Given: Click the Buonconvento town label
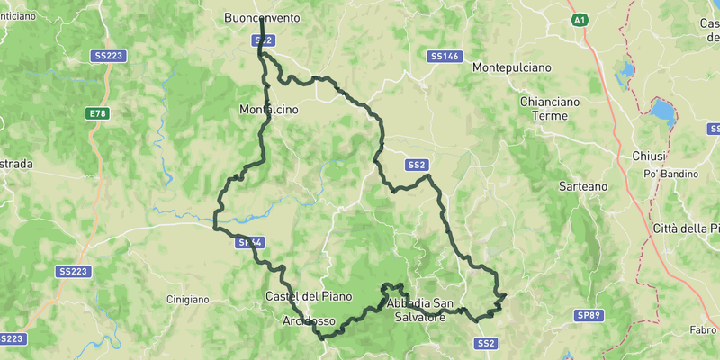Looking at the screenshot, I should (262, 17).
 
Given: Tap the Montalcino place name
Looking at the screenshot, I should (268, 110).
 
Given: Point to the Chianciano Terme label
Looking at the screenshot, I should (544, 109).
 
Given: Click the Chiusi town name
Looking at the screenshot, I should (648, 156).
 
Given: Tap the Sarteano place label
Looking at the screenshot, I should (583, 185).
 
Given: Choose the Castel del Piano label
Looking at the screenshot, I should (309, 296).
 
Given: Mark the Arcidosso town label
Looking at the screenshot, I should (309, 320).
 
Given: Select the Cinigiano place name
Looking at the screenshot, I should (188, 299).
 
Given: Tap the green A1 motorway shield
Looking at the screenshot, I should (580, 19).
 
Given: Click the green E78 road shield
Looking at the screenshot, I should (97, 113).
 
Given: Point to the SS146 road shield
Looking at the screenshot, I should (445, 56).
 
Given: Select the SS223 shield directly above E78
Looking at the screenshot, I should (108, 56).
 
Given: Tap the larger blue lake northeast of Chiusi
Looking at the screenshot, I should (662, 112).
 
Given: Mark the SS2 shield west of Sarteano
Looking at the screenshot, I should (416, 165).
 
